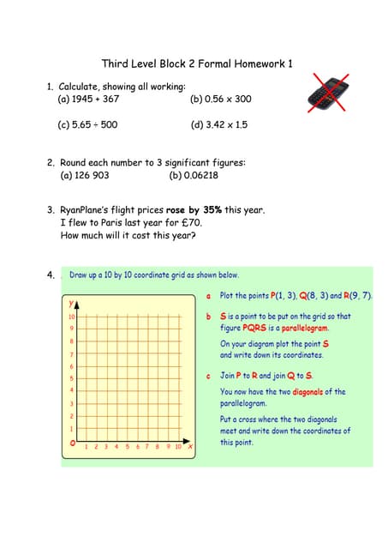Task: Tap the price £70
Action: tap(187, 222)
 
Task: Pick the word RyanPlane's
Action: tap(90, 209)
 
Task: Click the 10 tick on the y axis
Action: tap(72, 317)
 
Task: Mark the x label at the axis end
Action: tap(189, 446)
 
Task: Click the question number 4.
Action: tap(51, 275)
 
